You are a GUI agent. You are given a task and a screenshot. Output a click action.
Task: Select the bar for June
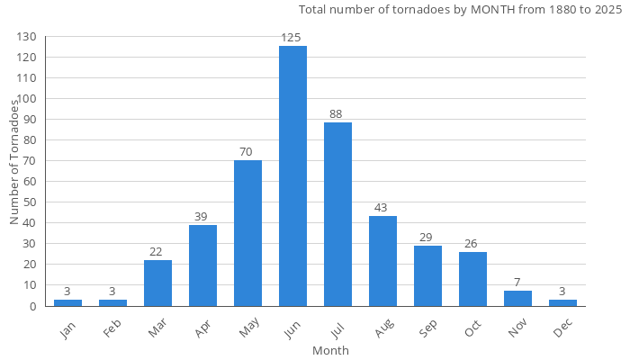(x=292, y=176)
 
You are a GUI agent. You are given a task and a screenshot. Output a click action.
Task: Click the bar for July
(x=337, y=214)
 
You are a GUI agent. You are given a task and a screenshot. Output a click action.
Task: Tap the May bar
(x=247, y=233)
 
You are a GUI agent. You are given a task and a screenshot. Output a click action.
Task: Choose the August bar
(x=382, y=261)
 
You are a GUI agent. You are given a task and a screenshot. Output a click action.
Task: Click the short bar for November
(x=517, y=299)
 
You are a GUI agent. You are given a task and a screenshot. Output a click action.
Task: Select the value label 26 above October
(x=472, y=244)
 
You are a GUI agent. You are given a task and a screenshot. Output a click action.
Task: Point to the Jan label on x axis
(x=67, y=326)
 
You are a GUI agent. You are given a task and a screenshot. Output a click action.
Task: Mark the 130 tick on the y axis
(x=26, y=37)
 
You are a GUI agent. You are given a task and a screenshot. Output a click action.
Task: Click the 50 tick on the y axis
(x=29, y=202)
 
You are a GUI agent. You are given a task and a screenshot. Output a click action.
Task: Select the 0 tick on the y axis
(x=32, y=306)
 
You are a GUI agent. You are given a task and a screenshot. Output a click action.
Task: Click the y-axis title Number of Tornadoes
(x=14, y=162)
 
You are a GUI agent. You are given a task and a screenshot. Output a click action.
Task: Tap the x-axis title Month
(x=330, y=350)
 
